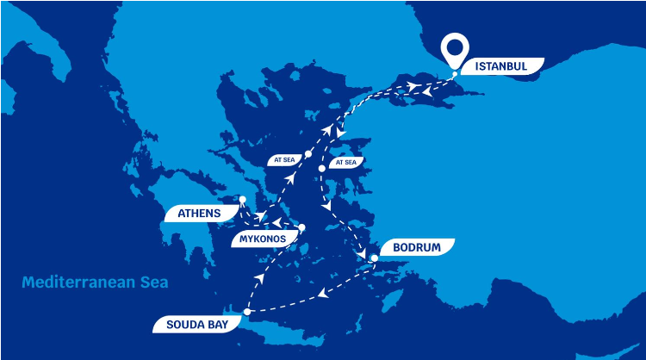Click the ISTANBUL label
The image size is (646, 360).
500,65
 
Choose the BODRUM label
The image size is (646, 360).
416,248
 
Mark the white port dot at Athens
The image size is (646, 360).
242,200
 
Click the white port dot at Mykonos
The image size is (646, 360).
302,227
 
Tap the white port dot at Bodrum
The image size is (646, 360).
374,258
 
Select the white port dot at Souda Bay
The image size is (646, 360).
247,311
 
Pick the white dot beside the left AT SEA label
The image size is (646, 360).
308,153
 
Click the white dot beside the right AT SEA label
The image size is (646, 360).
322,168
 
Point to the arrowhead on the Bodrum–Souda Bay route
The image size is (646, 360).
321,294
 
